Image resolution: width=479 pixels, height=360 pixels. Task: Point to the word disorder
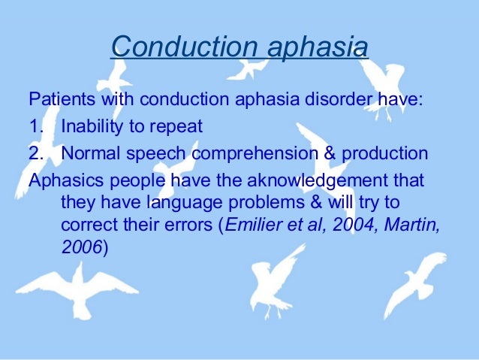(x=351, y=100)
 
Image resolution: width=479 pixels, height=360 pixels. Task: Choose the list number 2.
(x=37, y=154)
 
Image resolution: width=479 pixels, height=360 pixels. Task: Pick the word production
(x=386, y=154)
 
